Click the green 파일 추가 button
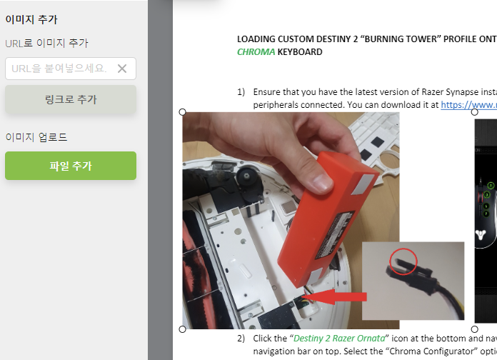pyautogui.click(x=70, y=166)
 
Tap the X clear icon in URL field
pyautogui.click(x=122, y=69)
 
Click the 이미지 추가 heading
pyautogui.click(x=31, y=19)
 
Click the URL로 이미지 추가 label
pyautogui.click(x=47, y=44)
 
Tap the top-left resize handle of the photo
pyautogui.click(x=183, y=113)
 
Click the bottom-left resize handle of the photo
pyautogui.click(x=183, y=329)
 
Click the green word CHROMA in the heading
pyautogui.click(x=256, y=52)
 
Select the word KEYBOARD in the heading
pyautogui.click(x=299, y=52)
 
